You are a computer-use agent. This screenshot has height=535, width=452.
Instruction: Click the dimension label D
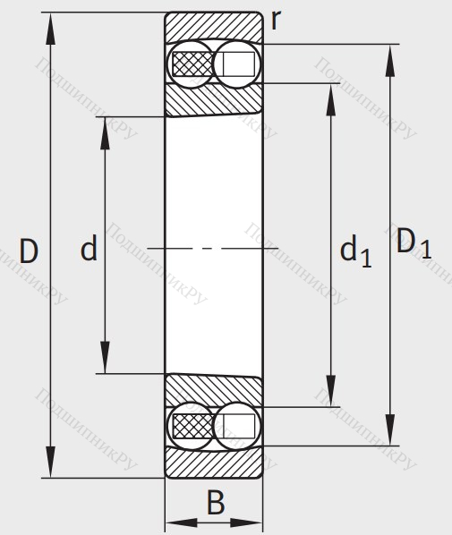[29, 251]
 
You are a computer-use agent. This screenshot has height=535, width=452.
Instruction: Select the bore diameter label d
[89, 248]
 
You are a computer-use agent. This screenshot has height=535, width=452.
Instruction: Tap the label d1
[355, 251]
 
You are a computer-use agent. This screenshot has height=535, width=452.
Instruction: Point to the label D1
[414, 243]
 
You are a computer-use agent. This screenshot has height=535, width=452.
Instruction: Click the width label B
[216, 502]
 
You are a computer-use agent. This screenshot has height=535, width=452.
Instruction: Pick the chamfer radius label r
[276, 20]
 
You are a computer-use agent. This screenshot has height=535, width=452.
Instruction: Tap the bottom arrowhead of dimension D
[50, 462]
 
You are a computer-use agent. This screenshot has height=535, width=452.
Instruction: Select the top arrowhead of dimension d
[105, 133]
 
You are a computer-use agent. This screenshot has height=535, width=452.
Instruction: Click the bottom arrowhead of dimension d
[105, 357]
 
